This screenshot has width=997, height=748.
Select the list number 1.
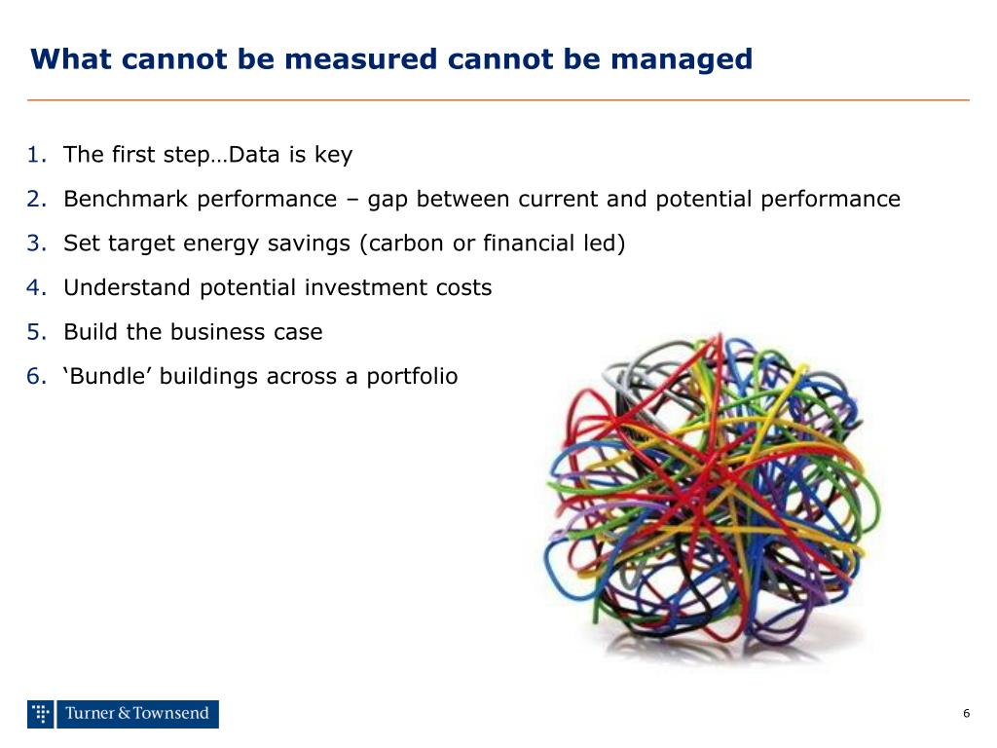(x=37, y=155)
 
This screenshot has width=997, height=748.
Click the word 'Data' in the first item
(x=255, y=155)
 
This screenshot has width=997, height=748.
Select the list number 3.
(x=37, y=243)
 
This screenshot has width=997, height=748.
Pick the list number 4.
(x=37, y=288)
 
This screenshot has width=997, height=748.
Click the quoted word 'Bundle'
(x=108, y=377)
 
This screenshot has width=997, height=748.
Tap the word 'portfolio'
(x=412, y=377)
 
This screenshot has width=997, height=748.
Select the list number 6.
(x=37, y=377)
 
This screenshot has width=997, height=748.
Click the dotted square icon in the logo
(x=40, y=714)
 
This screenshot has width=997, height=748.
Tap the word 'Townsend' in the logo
(x=170, y=714)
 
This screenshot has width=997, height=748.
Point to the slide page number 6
(x=966, y=714)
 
